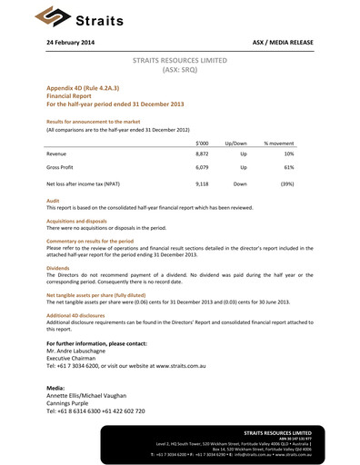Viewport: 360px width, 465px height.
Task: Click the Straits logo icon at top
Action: [46, 15]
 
